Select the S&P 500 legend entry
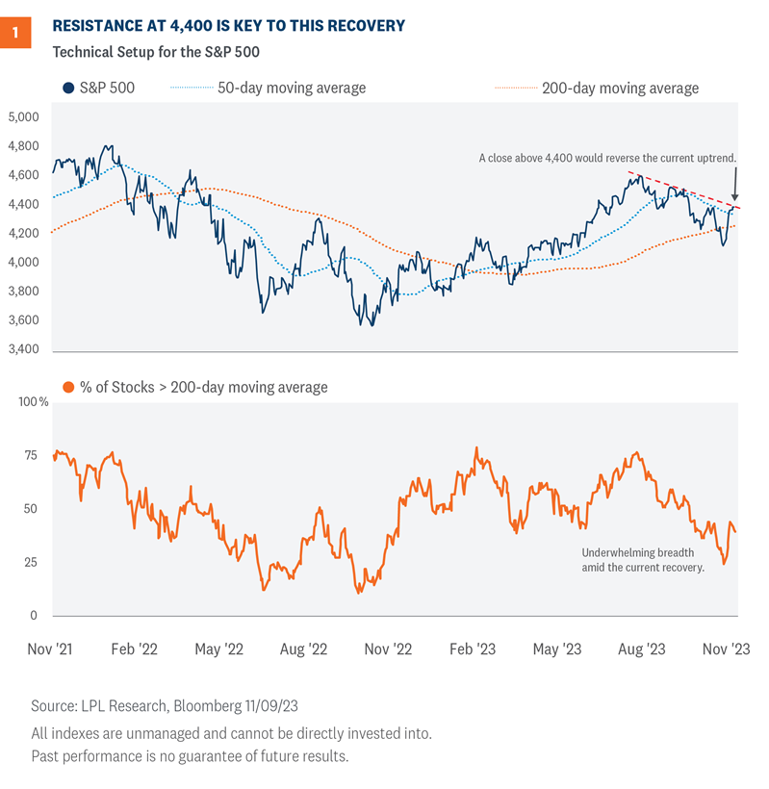click(101, 88)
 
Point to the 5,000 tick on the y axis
click(22, 117)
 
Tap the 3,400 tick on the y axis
click(22, 348)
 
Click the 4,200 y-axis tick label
click(22, 233)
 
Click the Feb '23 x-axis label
click(474, 649)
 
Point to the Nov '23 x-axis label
click(727, 649)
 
